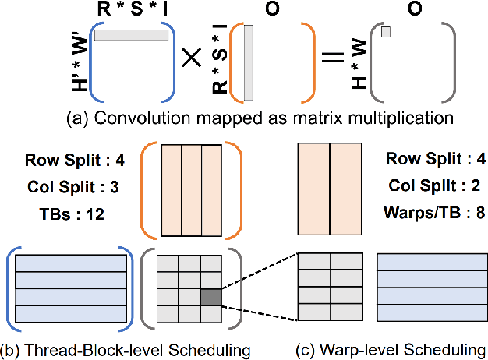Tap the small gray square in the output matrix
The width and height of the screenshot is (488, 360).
[x=385, y=31]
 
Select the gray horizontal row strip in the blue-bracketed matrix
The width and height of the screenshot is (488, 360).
[x=131, y=36]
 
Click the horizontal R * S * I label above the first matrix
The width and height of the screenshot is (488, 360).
[x=131, y=10]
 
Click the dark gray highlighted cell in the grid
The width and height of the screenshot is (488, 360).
[x=210, y=297]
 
